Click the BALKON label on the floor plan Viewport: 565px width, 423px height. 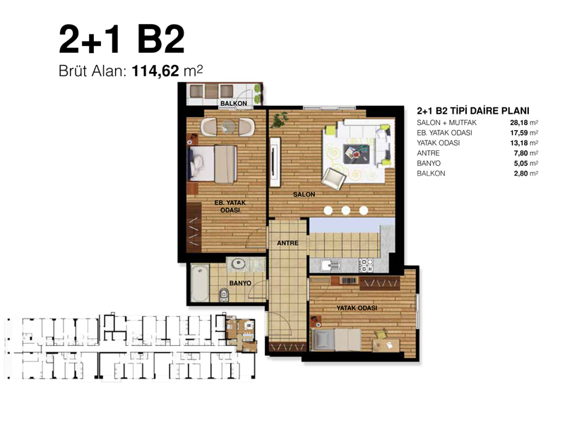pyautogui.click(x=234, y=103)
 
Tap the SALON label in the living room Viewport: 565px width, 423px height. pyautogui.click(x=304, y=195)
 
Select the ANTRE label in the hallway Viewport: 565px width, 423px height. pyautogui.click(x=287, y=243)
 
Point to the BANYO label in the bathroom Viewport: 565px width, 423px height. pyautogui.click(x=240, y=283)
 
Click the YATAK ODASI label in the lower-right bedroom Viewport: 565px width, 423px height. pyautogui.click(x=357, y=308)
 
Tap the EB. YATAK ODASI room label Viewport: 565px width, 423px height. pyautogui.click(x=230, y=206)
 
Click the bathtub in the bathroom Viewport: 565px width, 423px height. pyautogui.click(x=200, y=283)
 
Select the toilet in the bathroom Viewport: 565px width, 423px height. pyautogui.click(x=224, y=294)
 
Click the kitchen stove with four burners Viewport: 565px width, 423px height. pyautogui.click(x=366, y=266)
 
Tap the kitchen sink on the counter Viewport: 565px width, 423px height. pyautogui.click(x=331, y=266)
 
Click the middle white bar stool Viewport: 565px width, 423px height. pyautogui.click(x=345, y=210)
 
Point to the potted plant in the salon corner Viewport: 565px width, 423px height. pyautogui.click(x=280, y=119)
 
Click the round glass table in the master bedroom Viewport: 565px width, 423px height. pyautogui.click(x=228, y=127)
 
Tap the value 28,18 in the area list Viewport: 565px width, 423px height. pyautogui.click(x=519, y=123)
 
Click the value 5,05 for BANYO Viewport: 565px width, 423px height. pyautogui.click(x=521, y=164)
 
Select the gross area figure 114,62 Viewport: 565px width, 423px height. pyautogui.click(x=155, y=71)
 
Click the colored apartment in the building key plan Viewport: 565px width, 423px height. pyautogui.click(x=242, y=334)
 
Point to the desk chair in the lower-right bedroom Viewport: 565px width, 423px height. pyautogui.click(x=380, y=334)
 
